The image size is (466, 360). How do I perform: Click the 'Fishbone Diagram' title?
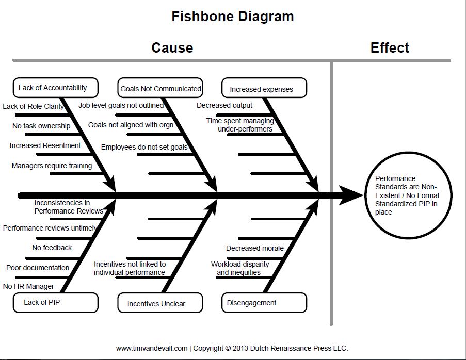click(233, 17)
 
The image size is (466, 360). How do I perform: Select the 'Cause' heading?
click(172, 48)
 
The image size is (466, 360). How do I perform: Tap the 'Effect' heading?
click(390, 48)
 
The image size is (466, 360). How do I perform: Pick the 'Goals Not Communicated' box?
click(160, 89)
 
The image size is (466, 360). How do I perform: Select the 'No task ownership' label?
click(41, 126)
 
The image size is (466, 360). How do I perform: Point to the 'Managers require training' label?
click(52, 166)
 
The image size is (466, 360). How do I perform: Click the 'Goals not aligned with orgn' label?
click(131, 125)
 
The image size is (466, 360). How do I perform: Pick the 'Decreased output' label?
click(224, 105)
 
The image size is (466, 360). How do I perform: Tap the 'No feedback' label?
click(52, 248)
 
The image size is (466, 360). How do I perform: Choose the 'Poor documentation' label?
click(38, 268)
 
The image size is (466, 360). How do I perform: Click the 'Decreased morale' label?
click(255, 248)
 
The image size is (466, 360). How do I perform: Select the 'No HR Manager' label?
click(28, 286)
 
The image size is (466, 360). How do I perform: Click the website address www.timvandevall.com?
click(152, 348)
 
